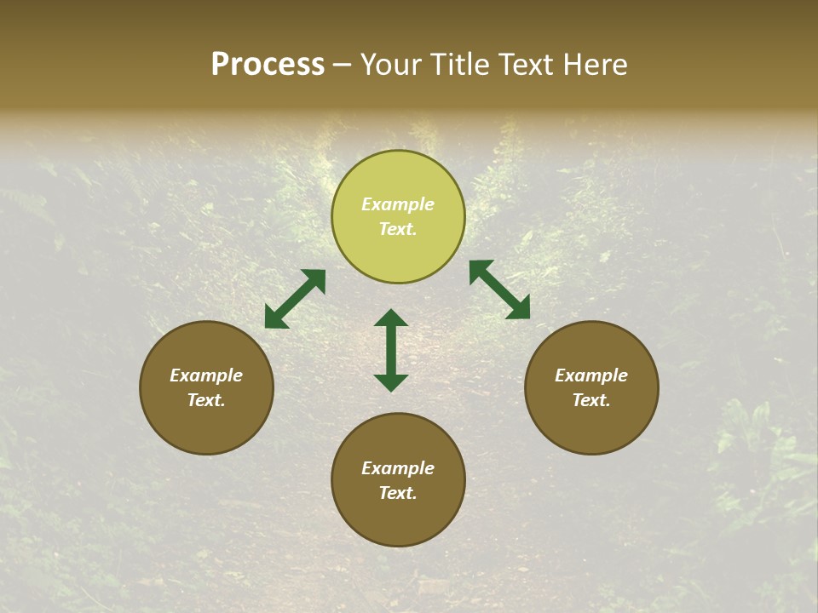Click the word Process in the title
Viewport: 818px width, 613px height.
268,65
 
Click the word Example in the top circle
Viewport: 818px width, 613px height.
398,204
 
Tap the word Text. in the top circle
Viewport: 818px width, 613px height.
398,229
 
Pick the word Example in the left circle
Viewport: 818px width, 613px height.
206,375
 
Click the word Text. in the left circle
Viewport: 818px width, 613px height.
206,400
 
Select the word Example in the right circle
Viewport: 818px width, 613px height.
591,375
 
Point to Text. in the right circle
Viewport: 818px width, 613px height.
591,400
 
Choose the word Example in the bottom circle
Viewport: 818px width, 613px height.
398,468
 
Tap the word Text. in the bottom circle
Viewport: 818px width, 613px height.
398,493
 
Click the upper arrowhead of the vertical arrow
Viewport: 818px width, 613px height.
391,318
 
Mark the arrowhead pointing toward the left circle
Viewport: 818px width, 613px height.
275,318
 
